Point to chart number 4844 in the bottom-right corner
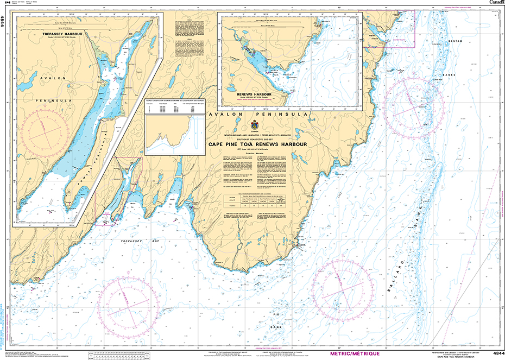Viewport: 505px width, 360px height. coord(498,353)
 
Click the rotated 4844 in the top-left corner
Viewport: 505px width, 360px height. coord(5,21)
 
